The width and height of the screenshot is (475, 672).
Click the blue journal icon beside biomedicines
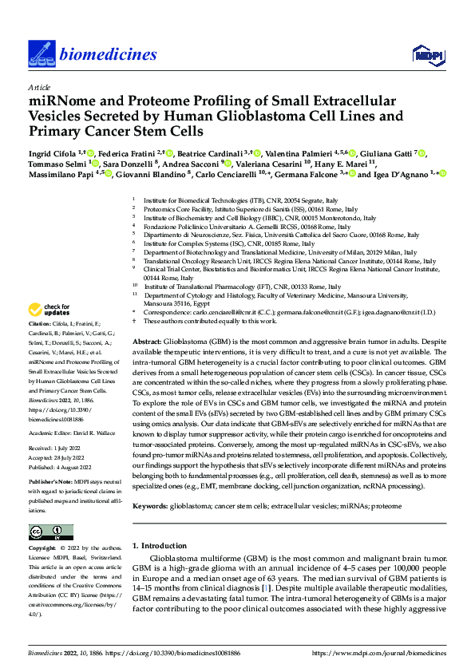pos(42,53)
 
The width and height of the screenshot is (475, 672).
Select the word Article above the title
pos(39,87)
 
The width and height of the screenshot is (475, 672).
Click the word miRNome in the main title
pos(63,101)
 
